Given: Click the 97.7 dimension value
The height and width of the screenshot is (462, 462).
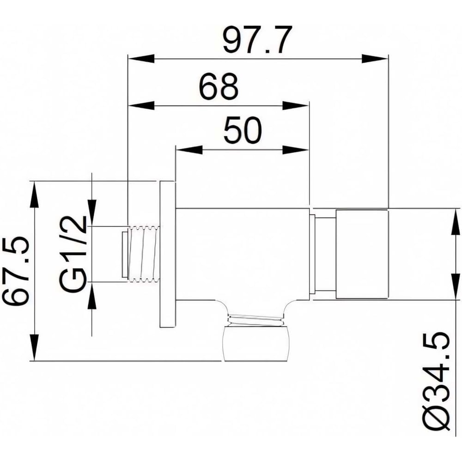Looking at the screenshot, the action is (257, 39).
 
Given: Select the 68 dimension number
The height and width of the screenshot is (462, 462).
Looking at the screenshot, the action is (218, 87).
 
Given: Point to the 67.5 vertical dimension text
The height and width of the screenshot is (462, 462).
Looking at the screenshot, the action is (16, 270).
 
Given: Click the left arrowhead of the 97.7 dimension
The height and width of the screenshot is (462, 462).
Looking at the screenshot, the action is (141, 59).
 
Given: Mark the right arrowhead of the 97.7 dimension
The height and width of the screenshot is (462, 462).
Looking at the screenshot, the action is (375, 59).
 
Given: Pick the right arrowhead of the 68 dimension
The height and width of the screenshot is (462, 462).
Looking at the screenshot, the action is (296, 106).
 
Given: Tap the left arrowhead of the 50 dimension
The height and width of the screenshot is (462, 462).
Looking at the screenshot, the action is (189, 150).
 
